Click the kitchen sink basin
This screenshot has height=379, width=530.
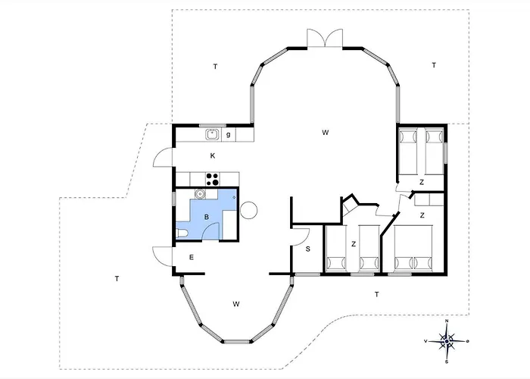(x=212, y=135)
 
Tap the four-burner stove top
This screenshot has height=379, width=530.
(x=213, y=179)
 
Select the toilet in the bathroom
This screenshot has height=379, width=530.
(x=182, y=233)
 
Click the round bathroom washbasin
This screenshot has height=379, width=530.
(x=200, y=193)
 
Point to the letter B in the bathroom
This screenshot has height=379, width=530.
(x=207, y=218)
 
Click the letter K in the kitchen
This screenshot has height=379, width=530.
(x=213, y=155)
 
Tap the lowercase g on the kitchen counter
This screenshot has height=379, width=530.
(x=229, y=135)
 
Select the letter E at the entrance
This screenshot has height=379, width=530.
(x=192, y=258)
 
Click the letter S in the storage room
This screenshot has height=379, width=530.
(x=308, y=249)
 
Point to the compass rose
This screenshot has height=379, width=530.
(x=447, y=341)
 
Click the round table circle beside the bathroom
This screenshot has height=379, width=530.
(x=249, y=210)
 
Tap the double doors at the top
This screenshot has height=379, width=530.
(x=325, y=38)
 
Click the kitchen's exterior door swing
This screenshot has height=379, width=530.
(x=163, y=158)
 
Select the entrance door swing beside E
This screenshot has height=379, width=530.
(x=162, y=256)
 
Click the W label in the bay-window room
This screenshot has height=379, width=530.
(x=236, y=304)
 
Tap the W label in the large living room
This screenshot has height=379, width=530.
(x=325, y=133)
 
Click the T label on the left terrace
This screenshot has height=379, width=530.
(x=117, y=279)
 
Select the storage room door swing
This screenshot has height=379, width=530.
(x=301, y=236)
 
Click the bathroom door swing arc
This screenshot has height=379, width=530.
(x=210, y=231)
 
